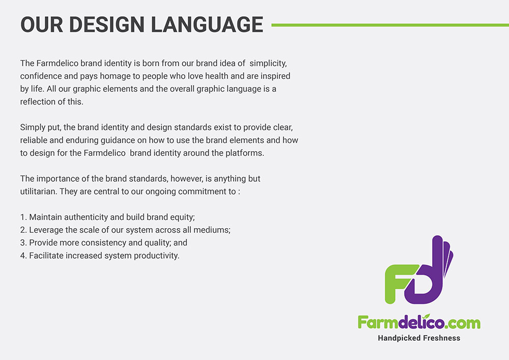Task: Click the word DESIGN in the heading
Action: (x=106, y=24)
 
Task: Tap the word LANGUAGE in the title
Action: (x=207, y=24)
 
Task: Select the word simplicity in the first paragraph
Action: (x=268, y=63)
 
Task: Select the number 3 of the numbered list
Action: (x=23, y=243)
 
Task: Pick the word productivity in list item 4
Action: (x=156, y=256)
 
